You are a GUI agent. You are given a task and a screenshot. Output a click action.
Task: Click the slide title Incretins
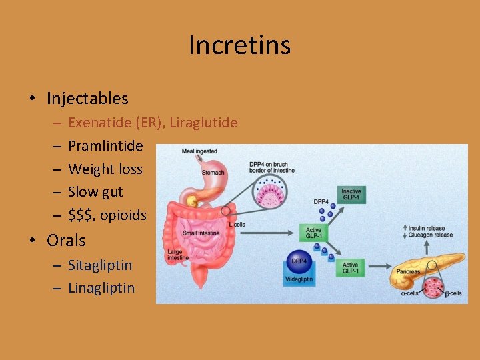pyautogui.click(x=239, y=45)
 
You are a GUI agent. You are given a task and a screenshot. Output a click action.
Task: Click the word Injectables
pyautogui.click(x=87, y=99)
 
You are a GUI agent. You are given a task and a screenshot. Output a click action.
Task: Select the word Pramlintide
pyautogui.click(x=105, y=146)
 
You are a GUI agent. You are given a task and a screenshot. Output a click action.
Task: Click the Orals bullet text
pyautogui.click(x=66, y=240)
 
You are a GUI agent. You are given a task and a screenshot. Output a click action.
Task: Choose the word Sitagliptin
pyautogui.click(x=100, y=265)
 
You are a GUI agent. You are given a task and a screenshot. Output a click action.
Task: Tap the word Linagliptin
pyautogui.click(x=101, y=288)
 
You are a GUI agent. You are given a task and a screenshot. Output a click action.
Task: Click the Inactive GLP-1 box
pyautogui.click(x=351, y=195)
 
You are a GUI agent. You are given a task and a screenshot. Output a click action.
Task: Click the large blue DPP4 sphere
pyautogui.click(x=299, y=261)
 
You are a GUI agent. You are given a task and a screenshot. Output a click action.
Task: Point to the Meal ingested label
pyautogui.click(x=199, y=151)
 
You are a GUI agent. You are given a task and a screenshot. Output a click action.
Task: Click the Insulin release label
pyautogui.click(x=434, y=227)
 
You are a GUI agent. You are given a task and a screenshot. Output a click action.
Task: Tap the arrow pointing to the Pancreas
pyautogui.click(x=380, y=269)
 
